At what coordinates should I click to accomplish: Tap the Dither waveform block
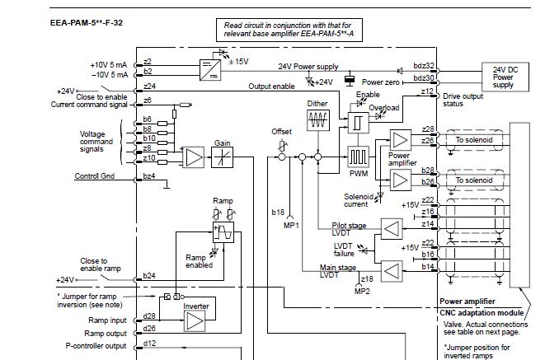(x=317, y=120)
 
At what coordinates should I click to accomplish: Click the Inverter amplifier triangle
(x=195, y=320)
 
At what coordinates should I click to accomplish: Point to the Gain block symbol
(x=223, y=157)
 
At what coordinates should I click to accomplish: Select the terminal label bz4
(x=149, y=176)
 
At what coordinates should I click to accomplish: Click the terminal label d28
(x=149, y=316)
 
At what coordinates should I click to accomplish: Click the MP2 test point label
(x=362, y=290)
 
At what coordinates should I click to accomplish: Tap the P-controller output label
(x=98, y=346)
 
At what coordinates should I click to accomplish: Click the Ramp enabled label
(x=198, y=261)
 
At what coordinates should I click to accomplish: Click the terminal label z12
(x=425, y=92)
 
